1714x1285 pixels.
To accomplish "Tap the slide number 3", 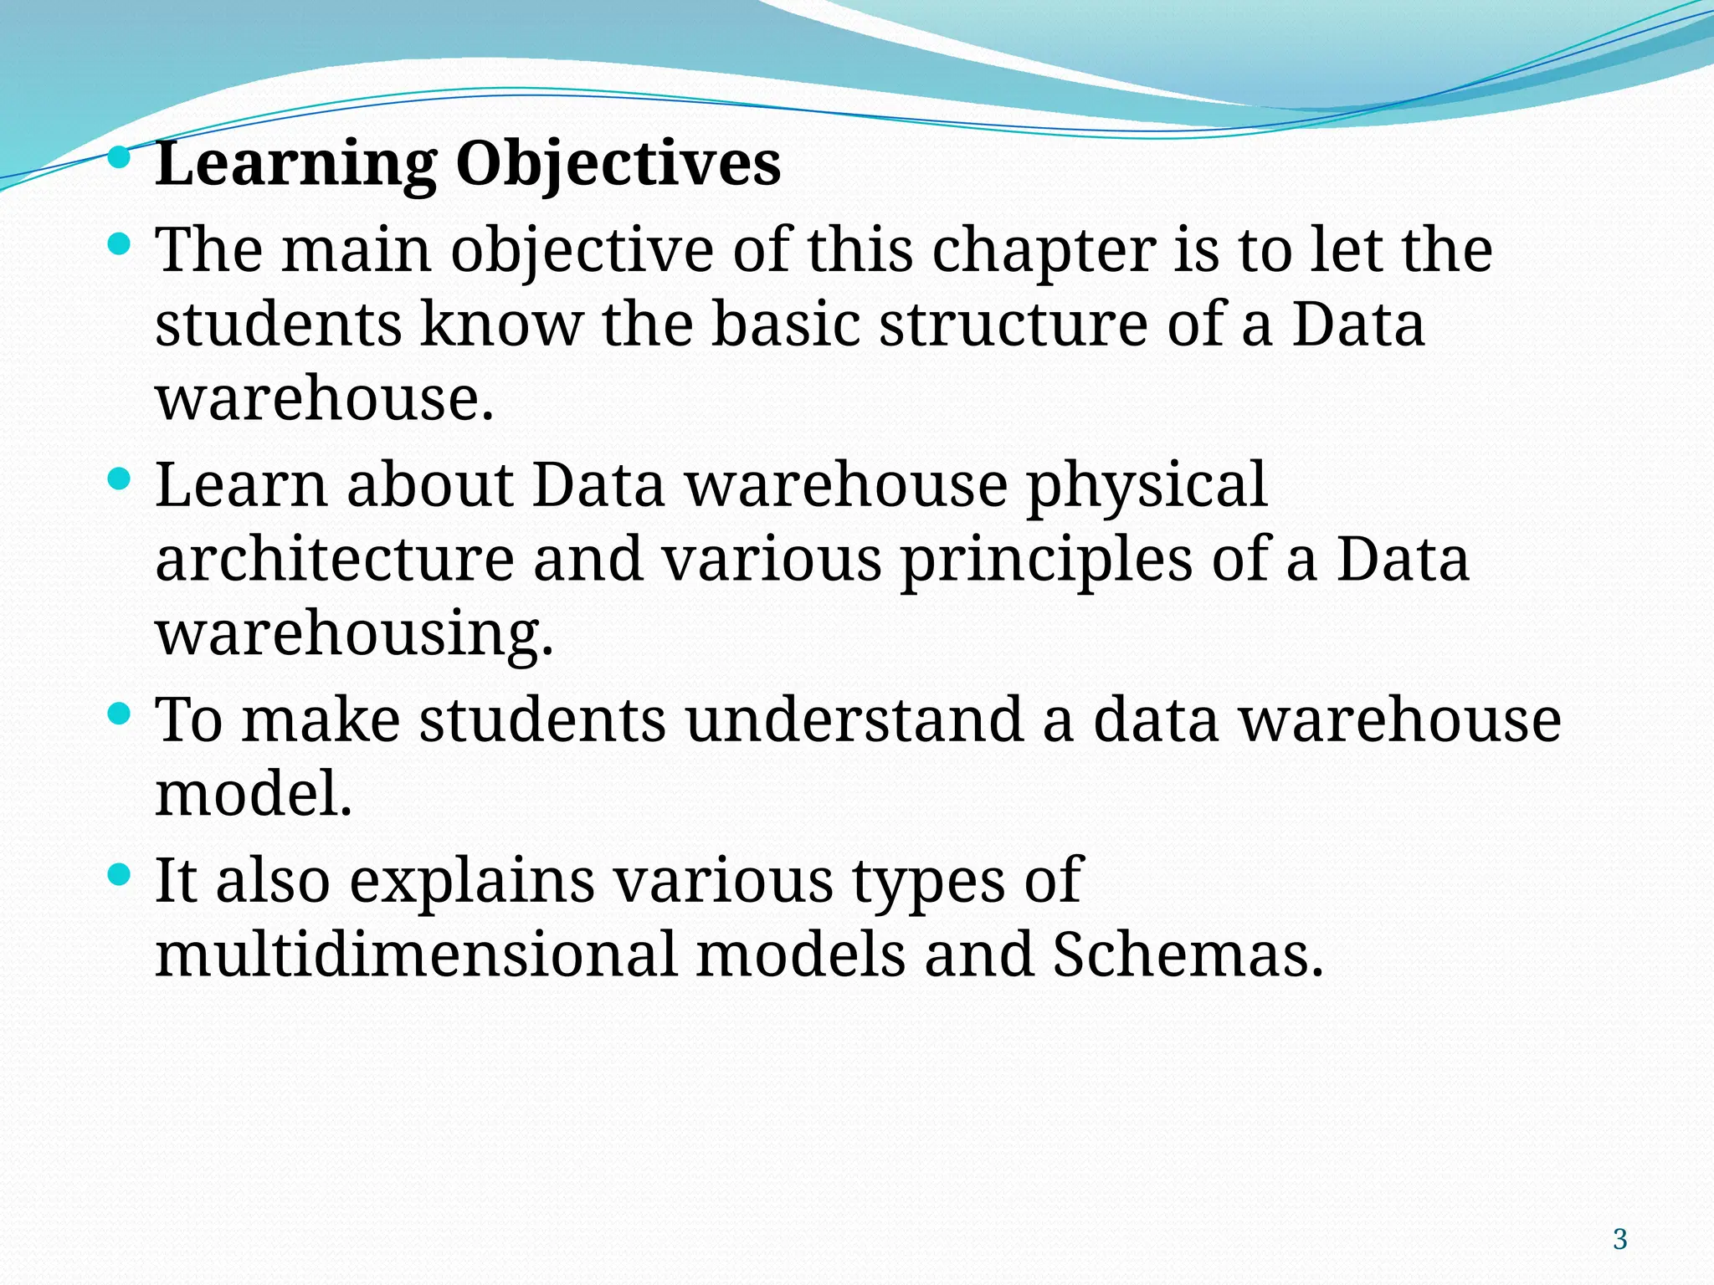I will [1620, 1239].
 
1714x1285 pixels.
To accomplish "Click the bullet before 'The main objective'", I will [120, 244].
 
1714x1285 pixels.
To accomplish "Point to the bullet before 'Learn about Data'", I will [120, 479].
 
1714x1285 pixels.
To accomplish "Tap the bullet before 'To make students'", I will [120, 714].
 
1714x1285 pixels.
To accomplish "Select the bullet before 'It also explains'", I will [120, 875].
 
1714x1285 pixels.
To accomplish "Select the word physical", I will [1147, 486].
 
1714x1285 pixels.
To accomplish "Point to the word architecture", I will [335, 560].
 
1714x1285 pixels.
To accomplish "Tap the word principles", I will [1046, 560].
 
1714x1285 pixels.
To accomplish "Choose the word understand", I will [854, 720].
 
